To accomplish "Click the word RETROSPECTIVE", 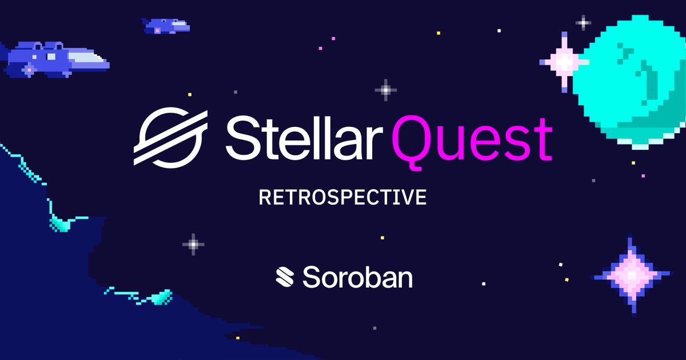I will click(343, 198).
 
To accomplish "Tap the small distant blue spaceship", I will click(165, 25).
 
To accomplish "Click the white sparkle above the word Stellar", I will click(386, 90).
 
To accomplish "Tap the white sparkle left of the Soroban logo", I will click(193, 244).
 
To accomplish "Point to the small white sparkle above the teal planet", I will click(583, 23).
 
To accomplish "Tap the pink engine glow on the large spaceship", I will click(29, 70).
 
